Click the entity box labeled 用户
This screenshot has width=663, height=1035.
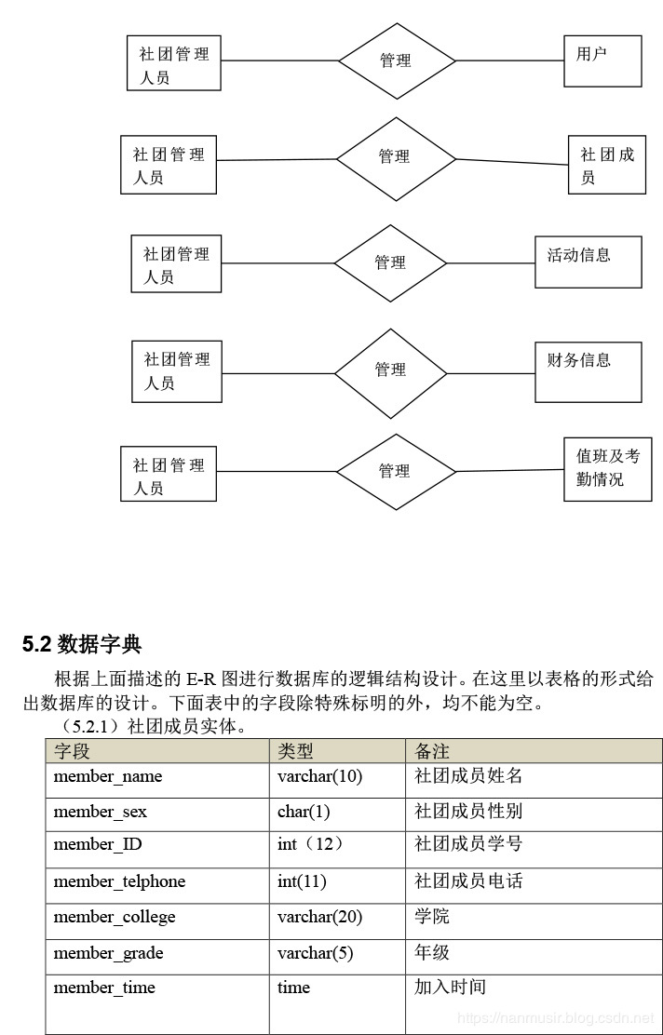point(602,60)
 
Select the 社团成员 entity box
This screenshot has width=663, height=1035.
point(607,165)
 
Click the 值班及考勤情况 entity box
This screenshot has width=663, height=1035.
point(607,469)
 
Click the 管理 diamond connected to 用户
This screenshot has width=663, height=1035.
point(397,60)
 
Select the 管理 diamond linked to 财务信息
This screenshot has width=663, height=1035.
point(391,373)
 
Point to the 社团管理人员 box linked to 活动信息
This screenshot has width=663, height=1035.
point(176,263)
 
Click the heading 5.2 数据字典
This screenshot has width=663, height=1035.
point(82,644)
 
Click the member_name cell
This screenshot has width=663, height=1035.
point(157,781)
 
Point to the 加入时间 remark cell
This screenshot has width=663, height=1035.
point(534,1003)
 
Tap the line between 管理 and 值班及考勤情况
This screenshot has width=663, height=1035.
point(509,471)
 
